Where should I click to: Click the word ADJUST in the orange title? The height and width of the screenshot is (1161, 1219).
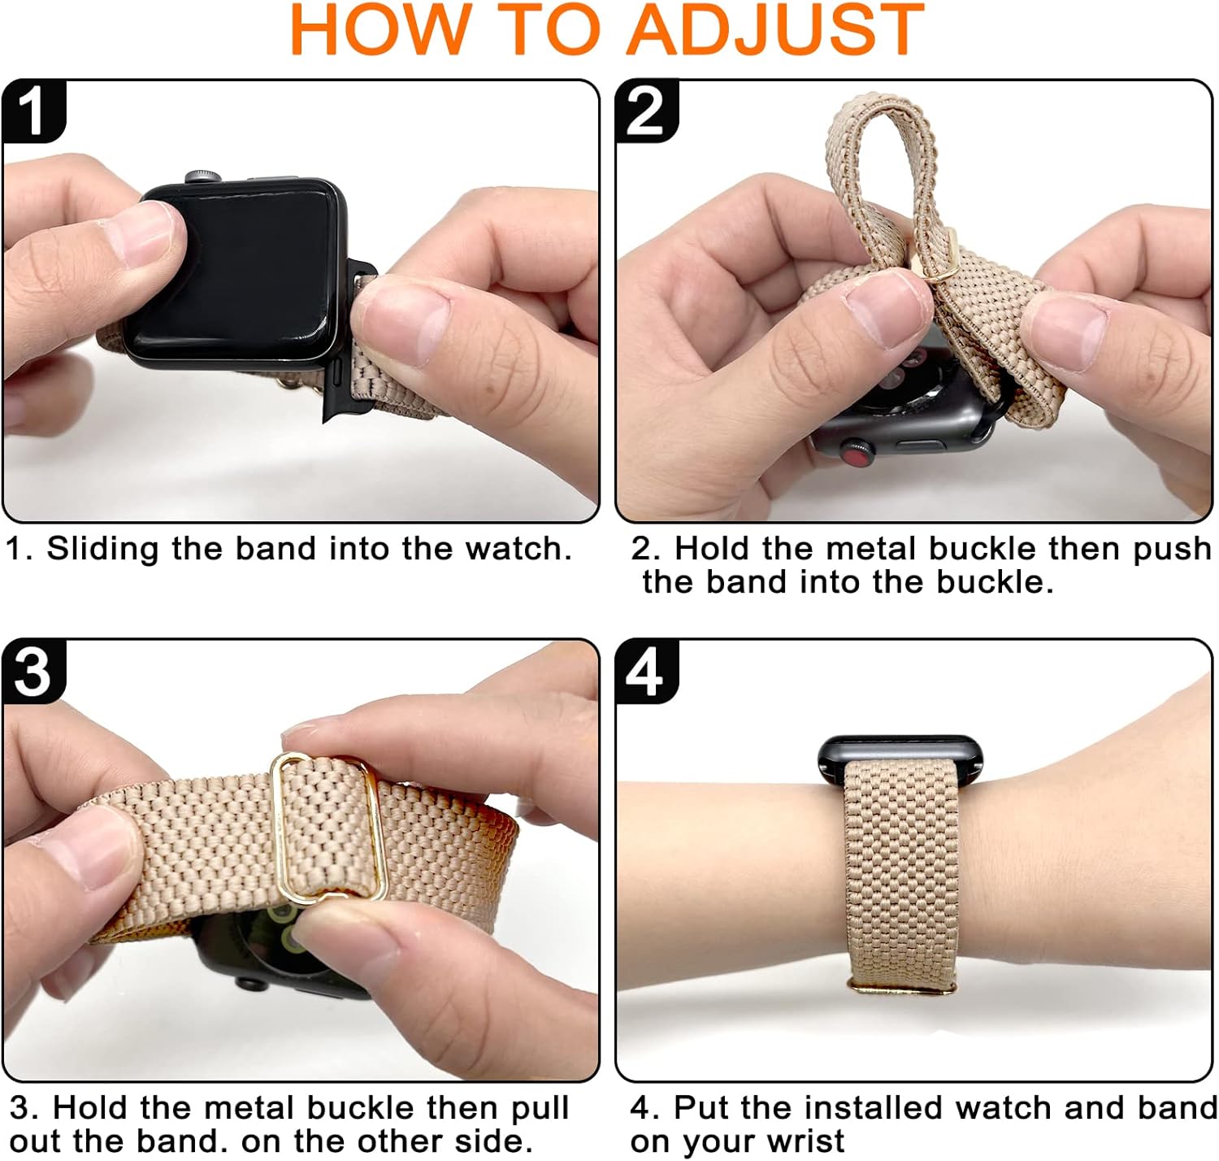775,30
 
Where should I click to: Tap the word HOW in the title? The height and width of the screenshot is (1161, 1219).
380,30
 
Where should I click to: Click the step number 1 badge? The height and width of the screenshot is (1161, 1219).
33,111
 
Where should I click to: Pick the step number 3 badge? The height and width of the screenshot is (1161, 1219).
33,672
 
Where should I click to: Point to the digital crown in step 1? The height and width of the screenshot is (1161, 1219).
202,176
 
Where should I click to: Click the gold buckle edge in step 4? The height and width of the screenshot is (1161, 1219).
901,987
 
